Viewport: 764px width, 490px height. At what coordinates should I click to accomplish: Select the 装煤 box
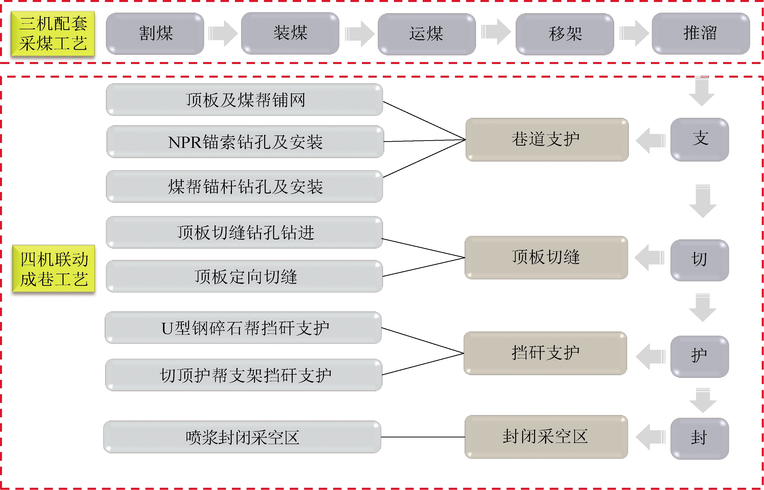(290, 33)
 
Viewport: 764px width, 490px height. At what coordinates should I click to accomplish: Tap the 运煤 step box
(427, 34)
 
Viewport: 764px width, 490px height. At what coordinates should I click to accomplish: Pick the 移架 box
(565, 34)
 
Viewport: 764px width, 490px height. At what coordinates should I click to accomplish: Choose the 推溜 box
(700, 33)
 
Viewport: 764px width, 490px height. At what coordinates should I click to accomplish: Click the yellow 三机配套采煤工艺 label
(53, 34)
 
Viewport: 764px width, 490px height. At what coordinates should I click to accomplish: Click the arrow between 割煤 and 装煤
(223, 33)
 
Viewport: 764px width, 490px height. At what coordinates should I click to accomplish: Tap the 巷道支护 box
(547, 140)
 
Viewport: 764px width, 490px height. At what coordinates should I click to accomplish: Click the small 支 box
(700, 140)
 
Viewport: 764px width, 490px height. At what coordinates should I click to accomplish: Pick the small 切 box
(700, 260)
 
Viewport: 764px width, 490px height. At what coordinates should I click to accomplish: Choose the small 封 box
(700, 438)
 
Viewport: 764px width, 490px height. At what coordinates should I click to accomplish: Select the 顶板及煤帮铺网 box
(244, 99)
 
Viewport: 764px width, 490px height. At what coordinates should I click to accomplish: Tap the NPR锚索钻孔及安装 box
(245, 142)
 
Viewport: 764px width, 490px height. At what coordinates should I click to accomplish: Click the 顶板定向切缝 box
(244, 276)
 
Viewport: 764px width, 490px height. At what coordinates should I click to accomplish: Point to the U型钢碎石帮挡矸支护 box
(243, 328)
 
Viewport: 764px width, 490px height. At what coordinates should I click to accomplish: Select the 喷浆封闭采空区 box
(242, 437)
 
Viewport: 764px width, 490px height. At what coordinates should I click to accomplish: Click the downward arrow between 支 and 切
(703, 201)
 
